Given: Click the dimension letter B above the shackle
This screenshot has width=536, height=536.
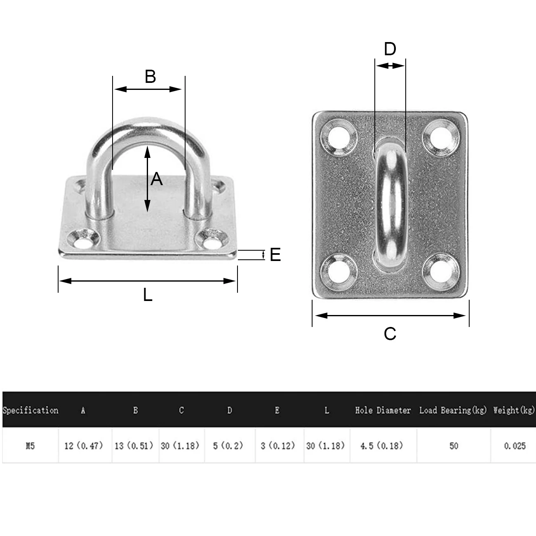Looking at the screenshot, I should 150,77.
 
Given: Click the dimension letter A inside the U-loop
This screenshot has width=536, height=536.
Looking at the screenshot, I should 157,179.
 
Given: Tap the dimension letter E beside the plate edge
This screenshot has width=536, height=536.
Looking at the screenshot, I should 275,255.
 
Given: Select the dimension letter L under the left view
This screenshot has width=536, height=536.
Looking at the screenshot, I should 148,295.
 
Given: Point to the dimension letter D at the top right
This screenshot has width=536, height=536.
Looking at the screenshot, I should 390,49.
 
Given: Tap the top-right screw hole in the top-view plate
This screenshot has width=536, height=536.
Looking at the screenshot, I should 440,136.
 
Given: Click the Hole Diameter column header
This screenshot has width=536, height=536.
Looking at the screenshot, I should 383,410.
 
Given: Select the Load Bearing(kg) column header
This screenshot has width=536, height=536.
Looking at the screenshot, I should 453,410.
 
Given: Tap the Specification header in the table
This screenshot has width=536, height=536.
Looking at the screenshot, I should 30,410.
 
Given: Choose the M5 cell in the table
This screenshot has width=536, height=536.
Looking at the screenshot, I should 30,446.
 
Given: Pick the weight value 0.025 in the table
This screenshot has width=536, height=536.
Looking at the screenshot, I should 515,446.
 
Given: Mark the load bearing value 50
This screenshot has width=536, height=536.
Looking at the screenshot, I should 454,446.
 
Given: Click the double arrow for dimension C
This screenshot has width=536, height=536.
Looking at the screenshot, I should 390,315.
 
